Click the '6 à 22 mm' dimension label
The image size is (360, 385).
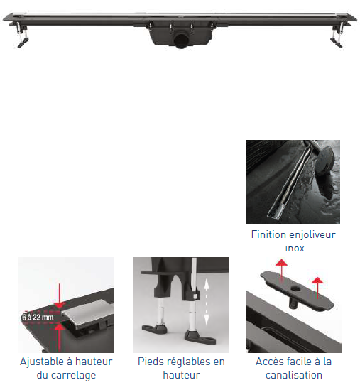pos(38,318)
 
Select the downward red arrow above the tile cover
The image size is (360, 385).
pos(59,296)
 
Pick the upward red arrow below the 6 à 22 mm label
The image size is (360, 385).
pos(59,338)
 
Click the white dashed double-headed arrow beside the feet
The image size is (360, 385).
pos(207,302)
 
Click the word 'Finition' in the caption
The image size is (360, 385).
pos(266,234)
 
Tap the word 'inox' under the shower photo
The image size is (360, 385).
pos(295,248)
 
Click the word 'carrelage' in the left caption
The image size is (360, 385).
pos(73,376)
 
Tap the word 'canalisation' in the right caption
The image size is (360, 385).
pos(294,375)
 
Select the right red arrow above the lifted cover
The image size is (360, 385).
pos(318,288)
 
